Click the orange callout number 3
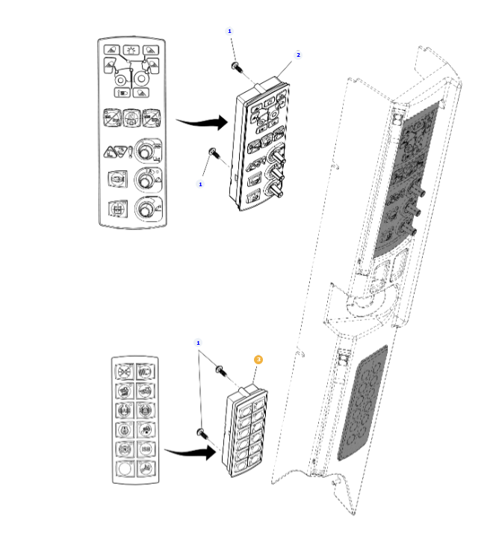[x=258, y=360]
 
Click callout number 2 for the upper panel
[x=298, y=55]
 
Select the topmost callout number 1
[x=229, y=31]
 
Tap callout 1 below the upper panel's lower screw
[x=200, y=183]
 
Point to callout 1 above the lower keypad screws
[x=198, y=343]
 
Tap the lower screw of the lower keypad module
[x=201, y=432]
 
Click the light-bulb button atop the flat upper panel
[x=131, y=51]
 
